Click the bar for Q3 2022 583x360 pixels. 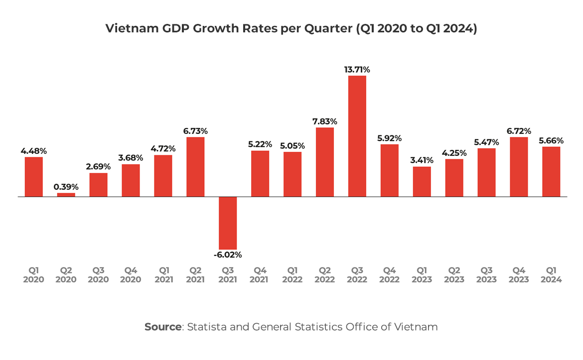click(357, 136)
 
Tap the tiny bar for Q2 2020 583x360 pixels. click(66, 195)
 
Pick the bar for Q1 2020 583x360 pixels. click(34, 177)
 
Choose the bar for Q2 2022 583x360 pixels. click(325, 162)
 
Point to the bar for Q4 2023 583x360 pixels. click(519, 167)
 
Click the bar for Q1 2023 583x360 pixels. click(422, 182)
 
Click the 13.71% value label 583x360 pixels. click(357, 70)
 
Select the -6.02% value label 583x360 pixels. click(228, 255)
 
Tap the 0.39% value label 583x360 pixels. click(66, 187)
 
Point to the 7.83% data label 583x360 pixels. click(325, 121)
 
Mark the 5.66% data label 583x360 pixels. click(551, 140)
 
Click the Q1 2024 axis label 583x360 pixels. click(551, 275)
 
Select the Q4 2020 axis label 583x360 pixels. click(131, 275)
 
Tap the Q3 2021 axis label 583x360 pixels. click(228, 275)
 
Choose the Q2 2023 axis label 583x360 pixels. click(454, 275)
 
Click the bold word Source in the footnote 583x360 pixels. click(163, 327)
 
